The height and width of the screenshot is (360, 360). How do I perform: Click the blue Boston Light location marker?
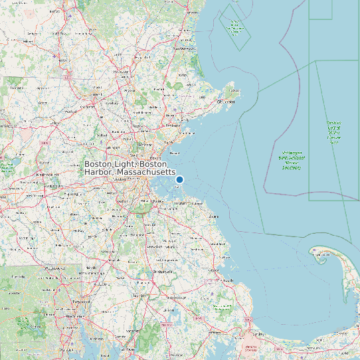[x=179, y=179]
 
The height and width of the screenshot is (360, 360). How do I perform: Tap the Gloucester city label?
[x=228, y=102]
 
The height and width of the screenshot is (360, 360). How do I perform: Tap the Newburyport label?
[x=184, y=48]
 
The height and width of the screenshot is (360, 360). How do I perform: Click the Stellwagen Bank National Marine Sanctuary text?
[x=291, y=159]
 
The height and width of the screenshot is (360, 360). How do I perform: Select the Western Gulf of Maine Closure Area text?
[x=334, y=132]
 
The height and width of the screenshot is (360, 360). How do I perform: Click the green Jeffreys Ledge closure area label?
[x=234, y=25]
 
